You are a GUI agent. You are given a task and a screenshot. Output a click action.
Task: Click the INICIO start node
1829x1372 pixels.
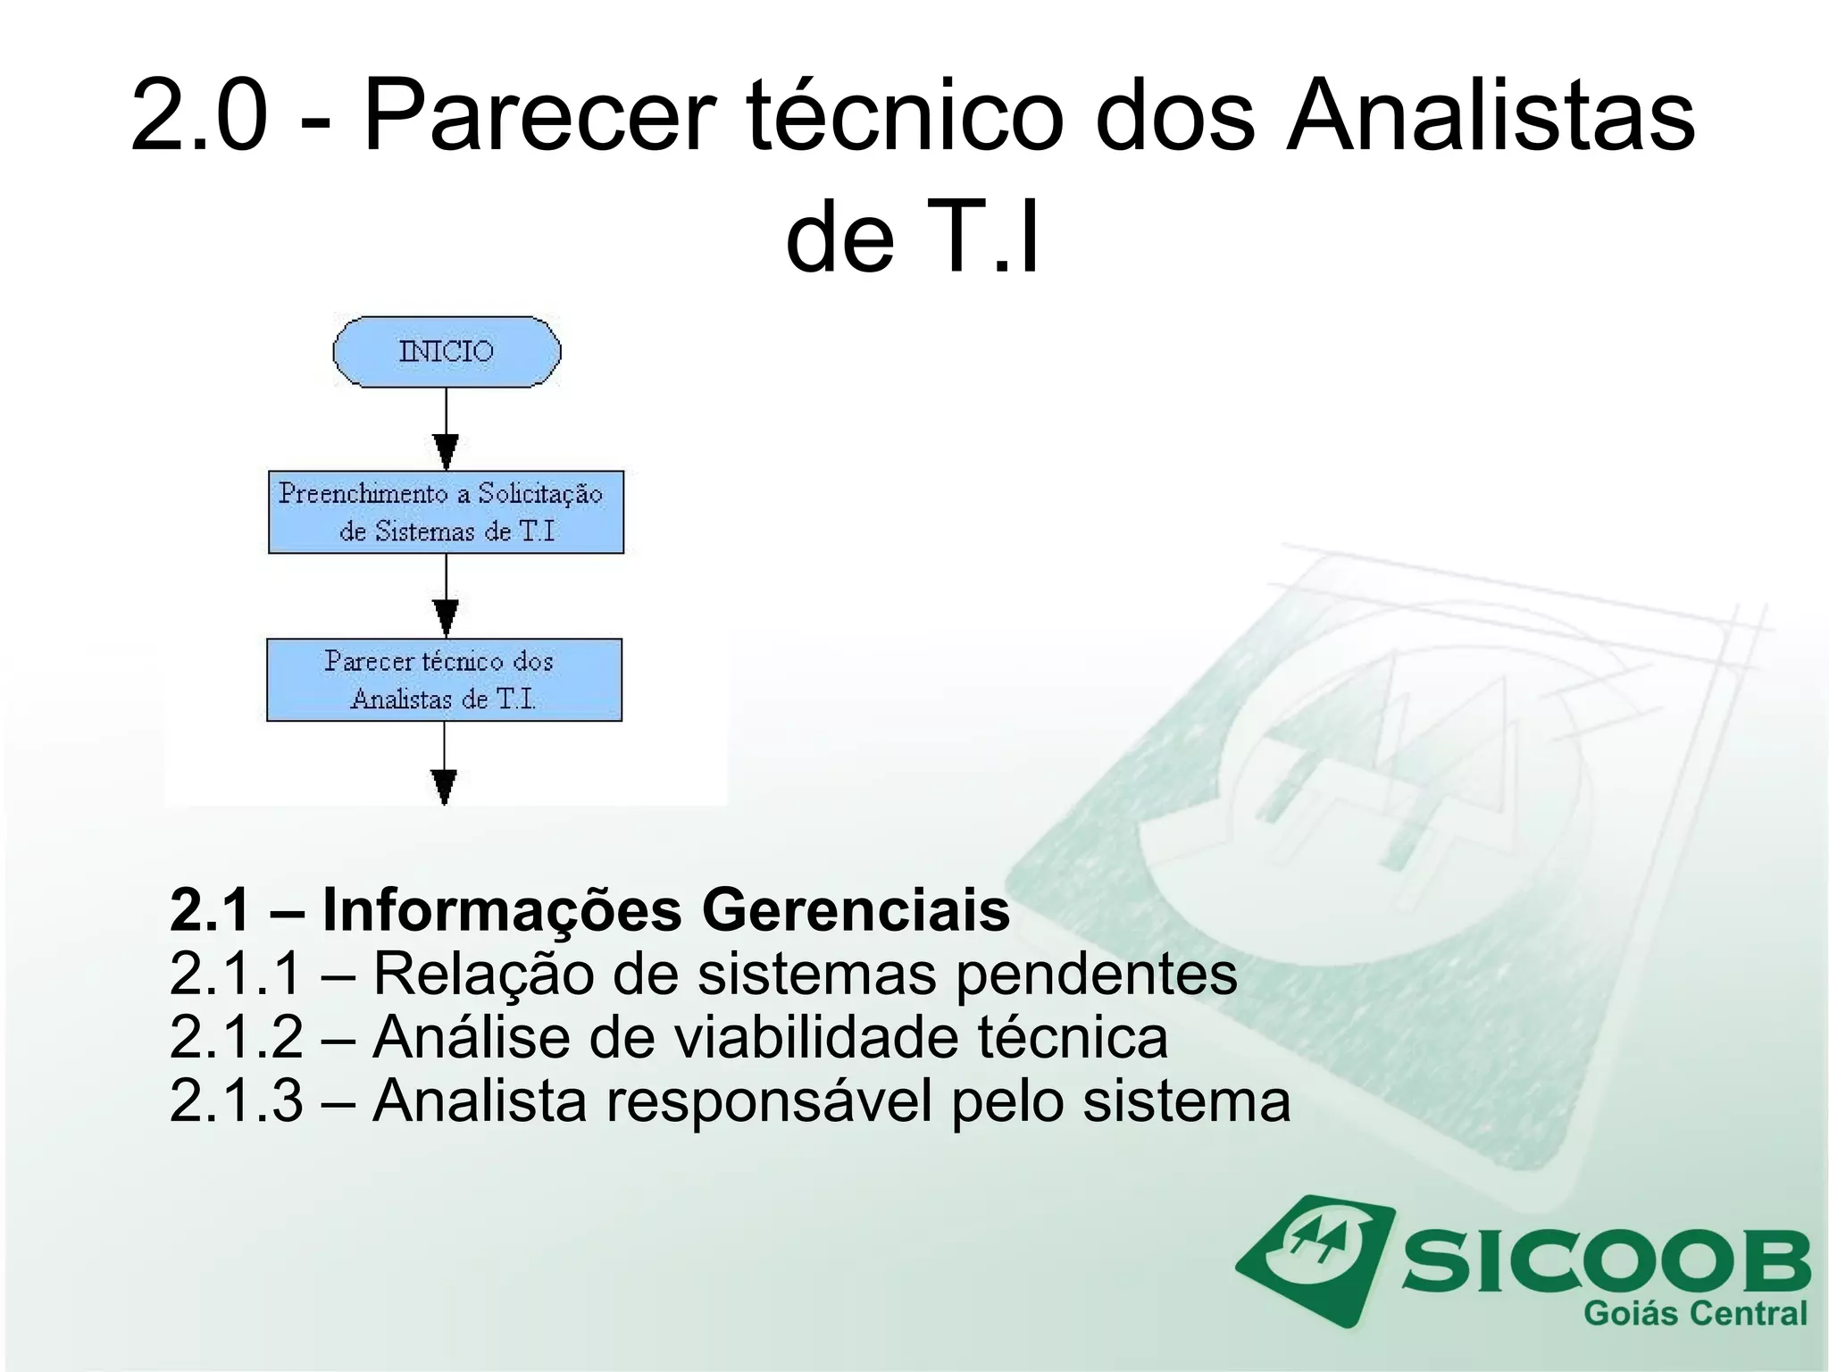click(x=447, y=351)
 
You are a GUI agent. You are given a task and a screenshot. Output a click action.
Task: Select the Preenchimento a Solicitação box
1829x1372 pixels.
click(x=446, y=512)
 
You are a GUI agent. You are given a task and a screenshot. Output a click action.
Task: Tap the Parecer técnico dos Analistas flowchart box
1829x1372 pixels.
click(x=444, y=680)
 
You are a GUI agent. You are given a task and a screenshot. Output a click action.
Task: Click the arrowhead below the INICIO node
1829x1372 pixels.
click(x=446, y=451)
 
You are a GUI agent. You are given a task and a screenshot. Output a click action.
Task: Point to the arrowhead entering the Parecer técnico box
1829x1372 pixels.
click(x=446, y=618)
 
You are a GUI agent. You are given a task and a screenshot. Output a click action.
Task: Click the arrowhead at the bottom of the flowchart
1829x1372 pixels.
click(x=444, y=786)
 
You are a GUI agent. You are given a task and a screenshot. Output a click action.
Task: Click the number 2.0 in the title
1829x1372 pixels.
click(x=199, y=116)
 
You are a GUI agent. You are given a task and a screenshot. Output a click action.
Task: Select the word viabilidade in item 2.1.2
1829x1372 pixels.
click(x=814, y=1037)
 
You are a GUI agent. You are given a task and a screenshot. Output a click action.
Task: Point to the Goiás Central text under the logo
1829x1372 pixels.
click(x=1694, y=1314)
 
